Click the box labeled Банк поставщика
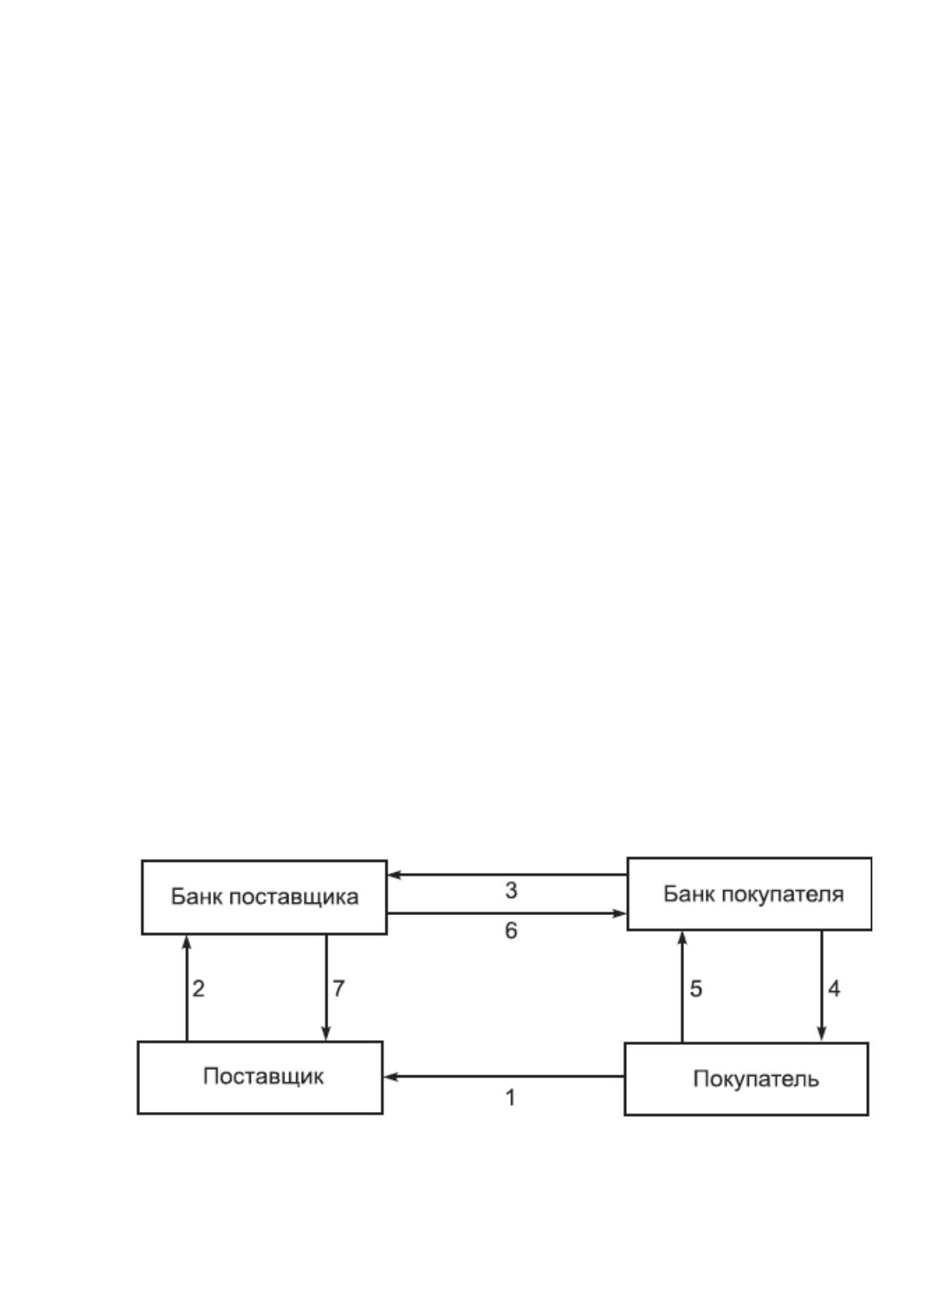[x=264, y=897]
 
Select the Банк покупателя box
[x=750, y=894]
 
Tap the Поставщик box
[x=260, y=1078]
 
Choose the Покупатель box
[x=747, y=1078]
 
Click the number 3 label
[x=511, y=891]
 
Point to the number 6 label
[x=511, y=931]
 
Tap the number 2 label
[x=199, y=989]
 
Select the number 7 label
[x=338, y=989]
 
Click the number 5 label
[x=696, y=989]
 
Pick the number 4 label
[x=834, y=989]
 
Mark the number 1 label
[x=510, y=1097]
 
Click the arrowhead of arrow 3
[x=394, y=874]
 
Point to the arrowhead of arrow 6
[x=619, y=914]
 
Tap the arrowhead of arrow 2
[x=187, y=942]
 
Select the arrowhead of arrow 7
[x=326, y=1034]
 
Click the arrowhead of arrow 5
[x=682, y=939]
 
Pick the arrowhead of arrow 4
[x=822, y=1035]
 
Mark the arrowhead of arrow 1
[x=390, y=1077]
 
